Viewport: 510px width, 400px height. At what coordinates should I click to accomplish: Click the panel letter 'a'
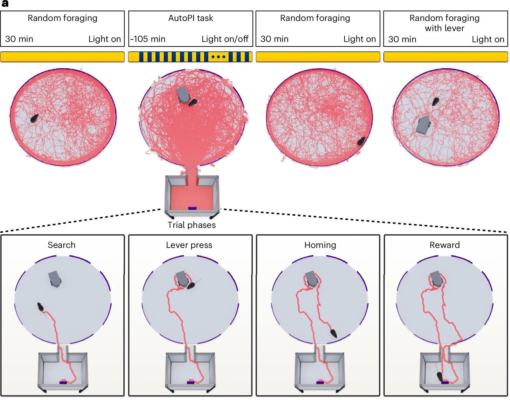(4, 3)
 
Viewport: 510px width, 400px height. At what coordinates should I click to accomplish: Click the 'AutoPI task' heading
(190, 18)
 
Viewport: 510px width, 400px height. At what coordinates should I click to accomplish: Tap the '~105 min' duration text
(148, 39)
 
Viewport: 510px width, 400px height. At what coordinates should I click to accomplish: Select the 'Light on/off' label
(225, 39)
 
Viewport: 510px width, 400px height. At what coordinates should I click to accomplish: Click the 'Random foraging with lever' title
(444, 23)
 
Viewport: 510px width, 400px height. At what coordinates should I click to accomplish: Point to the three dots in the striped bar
(218, 57)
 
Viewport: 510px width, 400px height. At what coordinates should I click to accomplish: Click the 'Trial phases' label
(191, 225)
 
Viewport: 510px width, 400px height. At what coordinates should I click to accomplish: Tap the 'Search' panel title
(61, 245)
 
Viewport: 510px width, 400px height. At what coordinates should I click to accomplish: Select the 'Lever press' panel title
(189, 245)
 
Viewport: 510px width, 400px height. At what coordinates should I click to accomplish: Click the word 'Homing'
(320, 245)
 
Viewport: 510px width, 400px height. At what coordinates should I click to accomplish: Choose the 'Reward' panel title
(445, 245)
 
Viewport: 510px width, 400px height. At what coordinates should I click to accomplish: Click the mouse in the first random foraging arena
(34, 118)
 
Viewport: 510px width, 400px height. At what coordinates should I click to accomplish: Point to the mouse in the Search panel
(40, 307)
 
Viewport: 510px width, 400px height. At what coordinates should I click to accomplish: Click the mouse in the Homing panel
(334, 333)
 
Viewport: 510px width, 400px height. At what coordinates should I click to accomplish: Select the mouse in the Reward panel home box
(440, 377)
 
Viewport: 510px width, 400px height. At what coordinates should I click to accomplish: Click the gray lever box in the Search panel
(55, 279)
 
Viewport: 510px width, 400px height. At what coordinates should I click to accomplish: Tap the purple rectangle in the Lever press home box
(190, 383)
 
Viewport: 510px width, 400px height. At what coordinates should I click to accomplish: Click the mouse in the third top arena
(361, 141)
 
